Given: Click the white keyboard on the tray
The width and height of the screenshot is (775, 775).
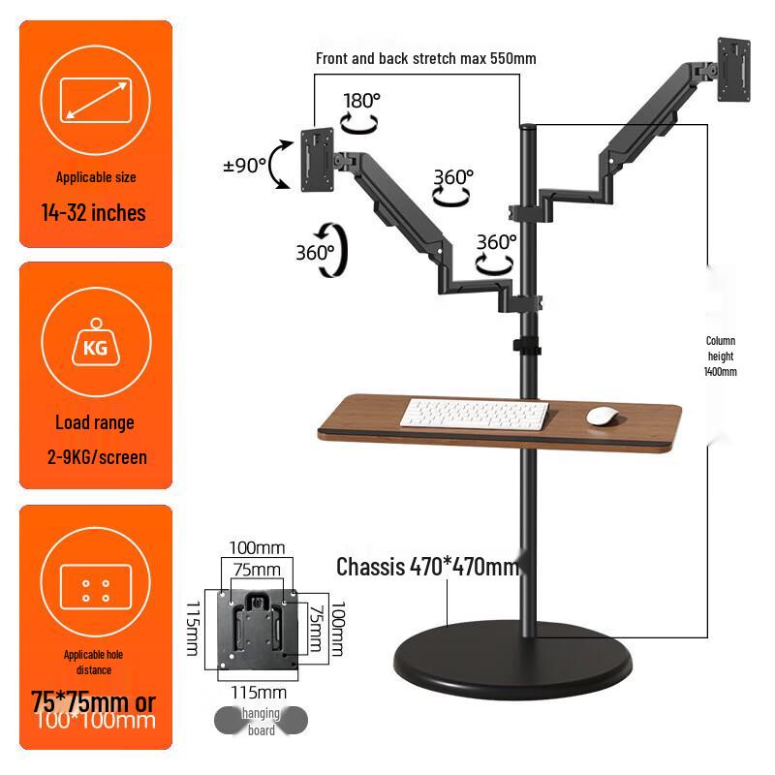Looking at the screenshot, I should pos(475,416).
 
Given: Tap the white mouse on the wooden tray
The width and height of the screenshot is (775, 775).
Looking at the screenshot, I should pos(603,416).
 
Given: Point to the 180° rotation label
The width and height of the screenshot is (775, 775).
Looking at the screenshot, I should pos(362,100).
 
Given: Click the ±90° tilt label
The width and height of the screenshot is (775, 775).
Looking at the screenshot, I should pos(244,165).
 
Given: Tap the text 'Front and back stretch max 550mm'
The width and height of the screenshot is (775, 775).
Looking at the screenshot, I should pos(425,58).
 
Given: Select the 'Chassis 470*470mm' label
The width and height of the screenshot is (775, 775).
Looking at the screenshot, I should pos(427,567).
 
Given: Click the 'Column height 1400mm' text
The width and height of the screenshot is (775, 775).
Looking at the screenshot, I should pos(720,356).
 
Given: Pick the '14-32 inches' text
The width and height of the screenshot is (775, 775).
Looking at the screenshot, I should pos(94,213).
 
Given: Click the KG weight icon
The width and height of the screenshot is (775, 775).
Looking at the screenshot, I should pos(95,344).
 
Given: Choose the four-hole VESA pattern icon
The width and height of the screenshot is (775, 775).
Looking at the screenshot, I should pos(95,590).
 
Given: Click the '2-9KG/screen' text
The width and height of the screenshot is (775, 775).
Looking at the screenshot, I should pos(95,455).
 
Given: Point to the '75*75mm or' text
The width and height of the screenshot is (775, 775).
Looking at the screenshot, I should pos(93,700).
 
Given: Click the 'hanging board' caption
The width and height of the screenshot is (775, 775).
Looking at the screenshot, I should pos(261,722).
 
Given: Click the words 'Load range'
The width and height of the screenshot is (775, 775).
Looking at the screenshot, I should pos(95,423).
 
